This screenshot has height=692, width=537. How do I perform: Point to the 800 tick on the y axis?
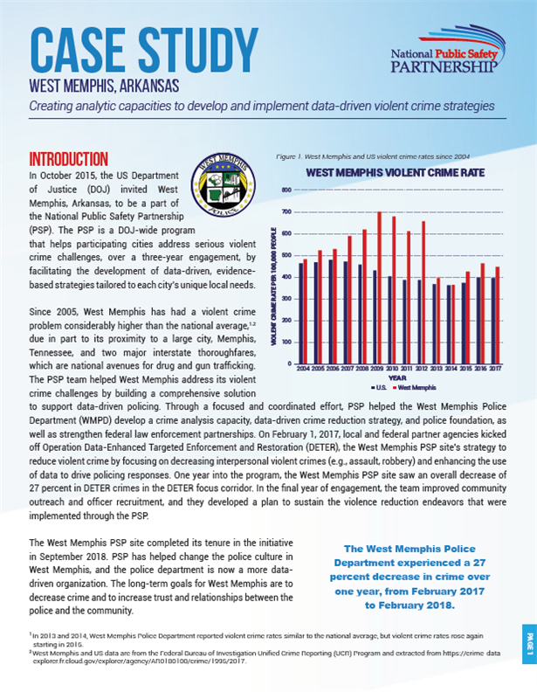pyautogui.click(x=285, y=190)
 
